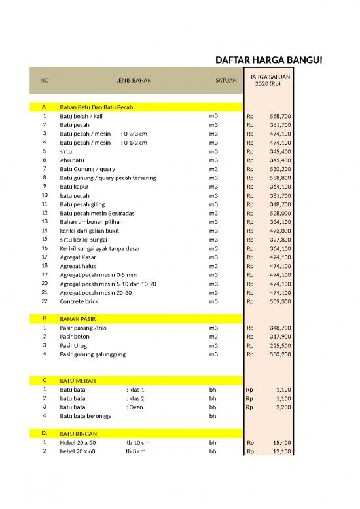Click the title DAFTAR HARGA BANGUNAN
[269, 61]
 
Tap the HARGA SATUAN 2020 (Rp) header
[268, 80]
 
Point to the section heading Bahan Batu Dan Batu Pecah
[96, 107]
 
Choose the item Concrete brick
[81, 301]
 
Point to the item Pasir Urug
[75, 345]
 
